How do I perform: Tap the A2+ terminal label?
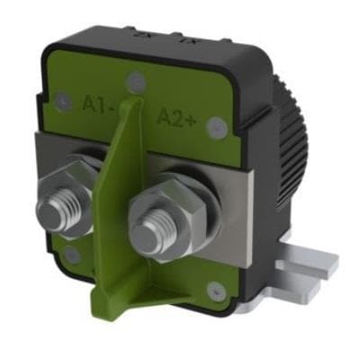(179, 114)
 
